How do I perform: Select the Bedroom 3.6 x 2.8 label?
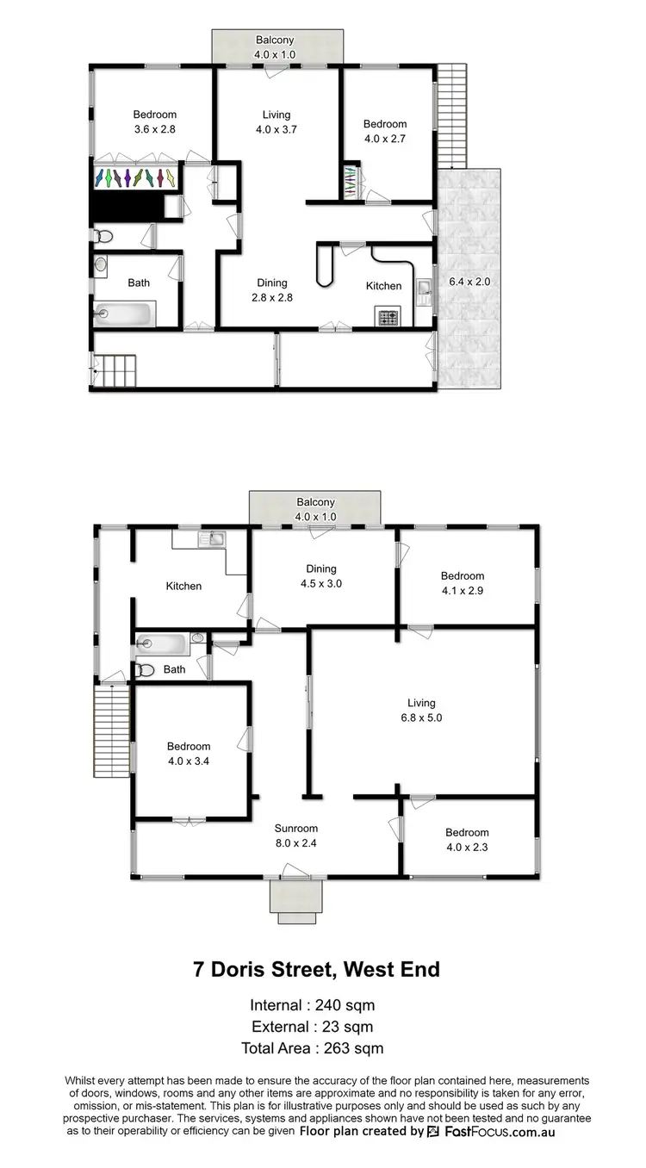[x=155, y=121]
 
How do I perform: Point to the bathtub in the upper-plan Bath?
[x=126, y=314]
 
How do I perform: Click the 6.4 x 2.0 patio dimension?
[x=469, y=282]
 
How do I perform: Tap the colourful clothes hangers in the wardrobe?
[x=138, y=177]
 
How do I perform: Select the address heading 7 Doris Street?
[x=315, y=969]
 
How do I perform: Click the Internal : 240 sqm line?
[x=312, y=1005]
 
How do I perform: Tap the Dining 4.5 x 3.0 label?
[x=320, y=576]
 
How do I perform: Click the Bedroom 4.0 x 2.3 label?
[x=467, y=840]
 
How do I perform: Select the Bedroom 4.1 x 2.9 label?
[x=463, y=583]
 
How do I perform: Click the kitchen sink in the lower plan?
[x=211, y=540]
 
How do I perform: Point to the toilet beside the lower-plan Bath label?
[x=146, y=669]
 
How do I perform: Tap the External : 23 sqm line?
[x=313, y=1027]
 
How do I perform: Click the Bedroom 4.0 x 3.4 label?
[x=189, y=754]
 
